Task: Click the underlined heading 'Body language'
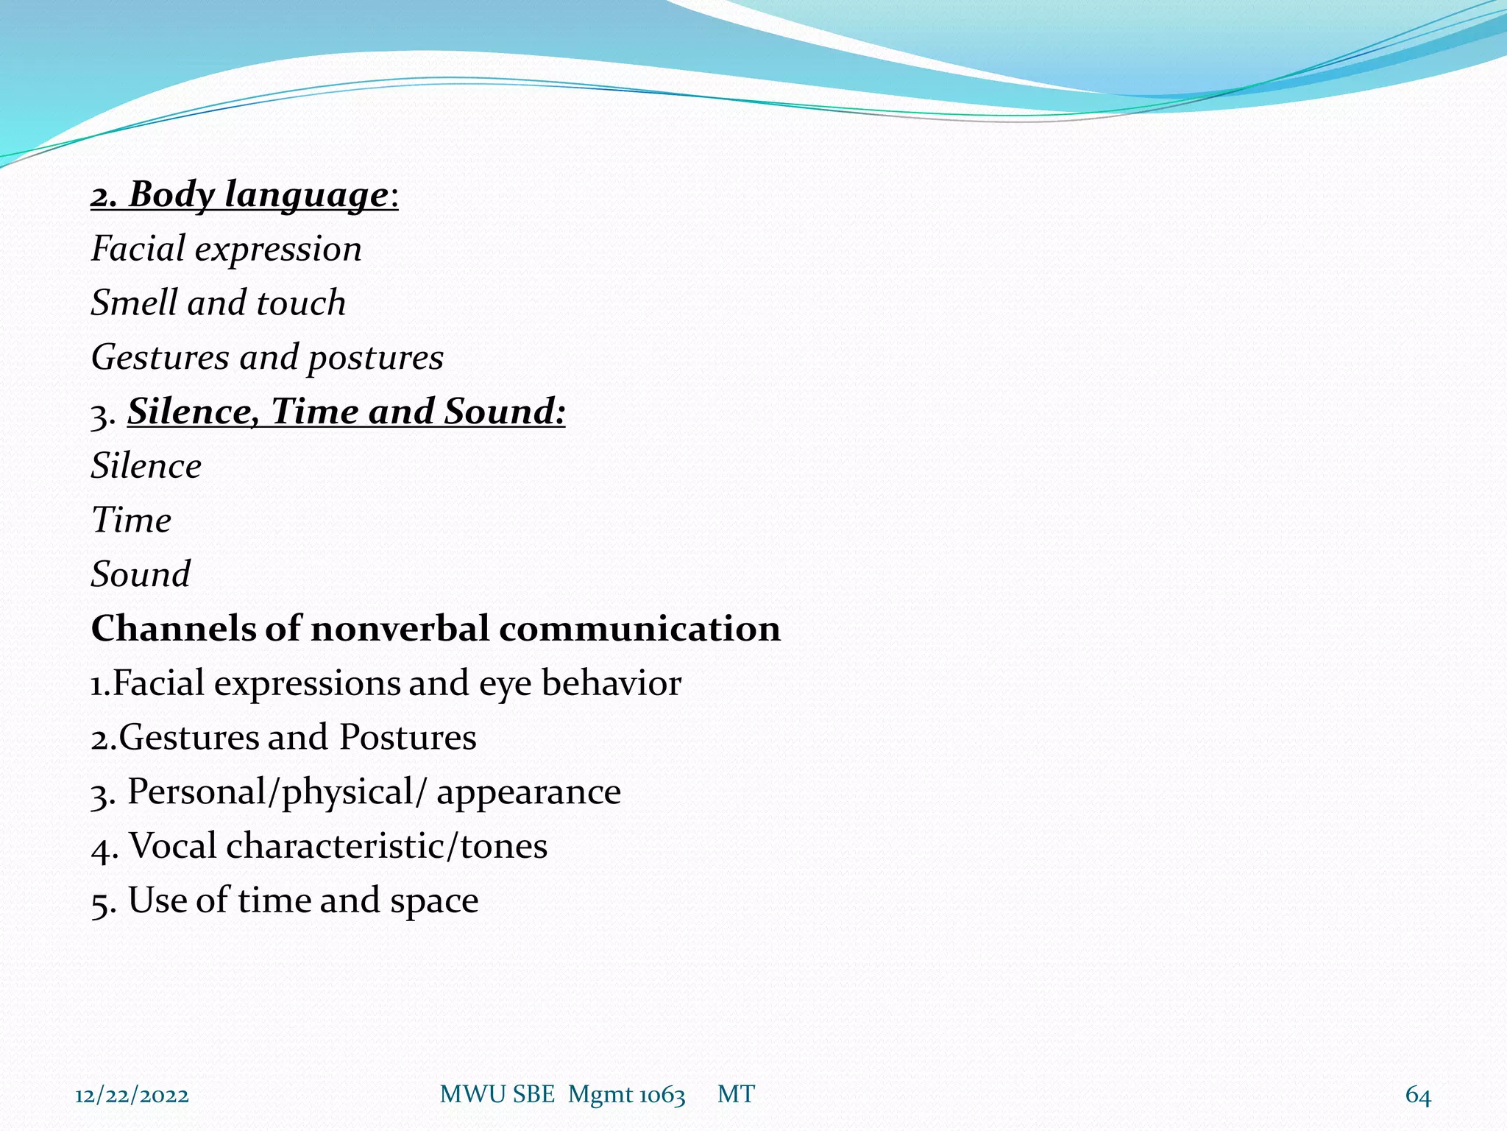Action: tap(258, 195)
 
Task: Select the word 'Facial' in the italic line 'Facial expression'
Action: tap(137, 249)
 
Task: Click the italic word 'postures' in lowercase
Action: tap(375, 358)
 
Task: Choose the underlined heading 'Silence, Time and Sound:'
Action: tap(346, 412)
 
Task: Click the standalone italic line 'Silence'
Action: tap(146, 466)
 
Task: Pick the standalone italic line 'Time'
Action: tap(131, 521)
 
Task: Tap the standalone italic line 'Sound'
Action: tap(141, 574)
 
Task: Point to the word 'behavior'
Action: tap(611, 683)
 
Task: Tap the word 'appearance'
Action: tap(528, 792)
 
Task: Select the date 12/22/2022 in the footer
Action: tap(132, 1095)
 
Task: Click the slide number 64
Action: tap(1418, 1095)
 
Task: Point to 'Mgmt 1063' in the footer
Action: tap(626, 1095)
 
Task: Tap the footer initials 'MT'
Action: tap(736, 1094)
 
